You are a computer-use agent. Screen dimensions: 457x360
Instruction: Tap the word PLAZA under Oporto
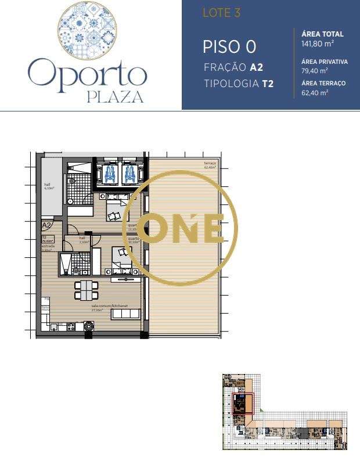click(x=115, y=96)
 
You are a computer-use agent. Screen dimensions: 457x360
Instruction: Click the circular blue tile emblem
click(x=87, y=29)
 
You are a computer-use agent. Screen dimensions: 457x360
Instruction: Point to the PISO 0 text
click(x=229, y=47)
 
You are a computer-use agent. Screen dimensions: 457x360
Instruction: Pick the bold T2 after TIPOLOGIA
click(x=268, y=84)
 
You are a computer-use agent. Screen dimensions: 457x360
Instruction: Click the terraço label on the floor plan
click(x=210, y=164)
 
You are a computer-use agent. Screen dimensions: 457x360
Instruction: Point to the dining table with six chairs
click(x=86, y=289)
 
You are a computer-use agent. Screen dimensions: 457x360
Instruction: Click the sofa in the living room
click(x=125, y=314)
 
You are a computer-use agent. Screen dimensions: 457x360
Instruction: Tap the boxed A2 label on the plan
click(x=47, y=225)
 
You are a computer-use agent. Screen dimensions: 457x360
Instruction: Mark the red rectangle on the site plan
click(x=243, y=403)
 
